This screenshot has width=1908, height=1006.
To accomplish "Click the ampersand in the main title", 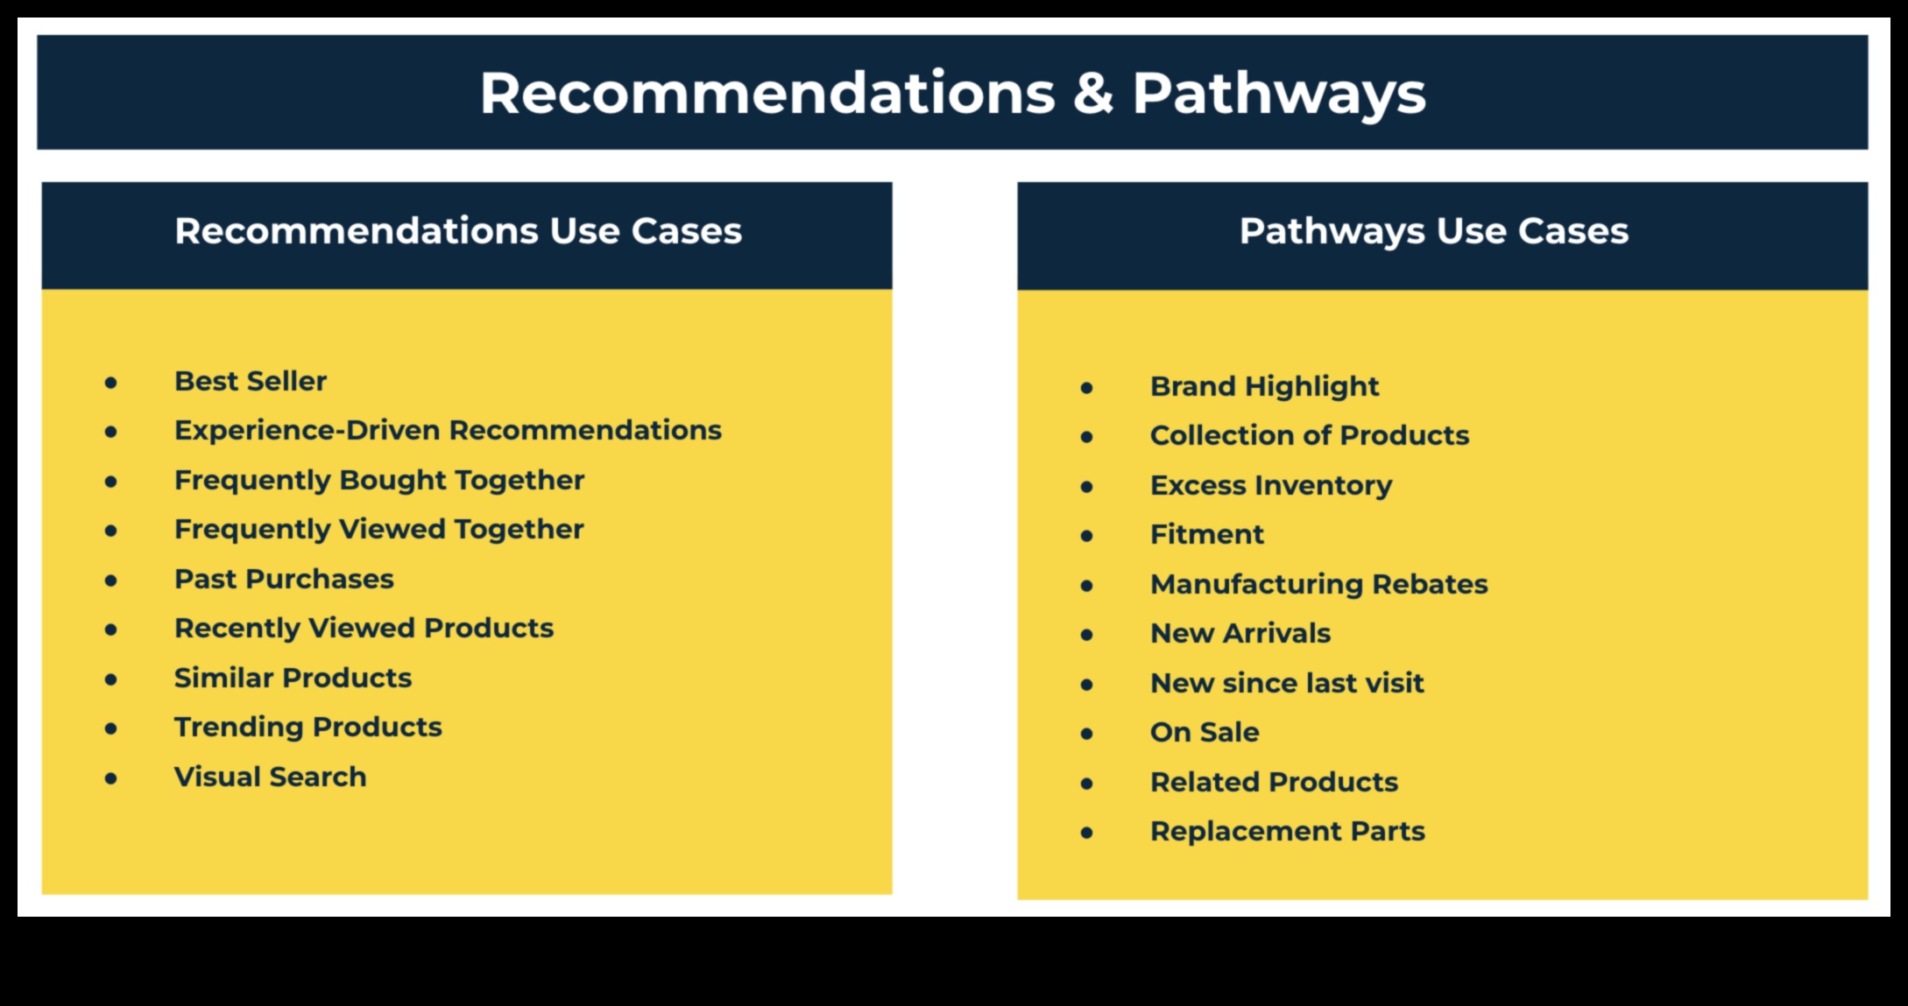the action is click(x=1092, y=94).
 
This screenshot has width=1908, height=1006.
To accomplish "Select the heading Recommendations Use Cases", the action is click(x=458, y=231).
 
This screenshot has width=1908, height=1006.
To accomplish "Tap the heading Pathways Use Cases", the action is click(x=1434, y=232).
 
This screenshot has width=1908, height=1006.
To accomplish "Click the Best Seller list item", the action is click(x=251, y=381).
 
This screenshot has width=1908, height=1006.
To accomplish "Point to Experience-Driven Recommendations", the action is click(x=448, y=430).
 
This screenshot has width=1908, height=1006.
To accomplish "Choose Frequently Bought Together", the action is click(x=379, y=481).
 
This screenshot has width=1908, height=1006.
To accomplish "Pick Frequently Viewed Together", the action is click(x=379, y=530).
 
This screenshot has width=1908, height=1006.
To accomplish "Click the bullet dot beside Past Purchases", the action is click(x=110, y=580).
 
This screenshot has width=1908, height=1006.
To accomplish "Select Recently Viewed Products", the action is click(x=364, y=629).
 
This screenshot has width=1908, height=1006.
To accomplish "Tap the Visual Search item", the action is click(x=270, y=777).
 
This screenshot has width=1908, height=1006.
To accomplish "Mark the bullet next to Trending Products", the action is click(x=110, y=728).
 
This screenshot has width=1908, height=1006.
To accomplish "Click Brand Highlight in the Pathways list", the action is click(x=1265, y=386).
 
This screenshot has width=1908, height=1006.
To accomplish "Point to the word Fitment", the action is click(x=1207, y=534).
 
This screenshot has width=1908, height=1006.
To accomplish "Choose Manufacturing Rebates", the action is click(x=1319, y=584).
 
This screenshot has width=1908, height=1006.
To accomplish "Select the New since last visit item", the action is click(x=1287, y=683).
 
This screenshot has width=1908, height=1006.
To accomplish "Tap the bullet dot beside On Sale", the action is click(x=1086, y=733).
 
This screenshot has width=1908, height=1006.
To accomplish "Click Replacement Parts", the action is click(x=1288, y=832).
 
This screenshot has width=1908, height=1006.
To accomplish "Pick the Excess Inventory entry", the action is click(x=1271, y=485).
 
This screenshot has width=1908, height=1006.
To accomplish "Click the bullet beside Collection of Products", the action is click(x=1086, y=436).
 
